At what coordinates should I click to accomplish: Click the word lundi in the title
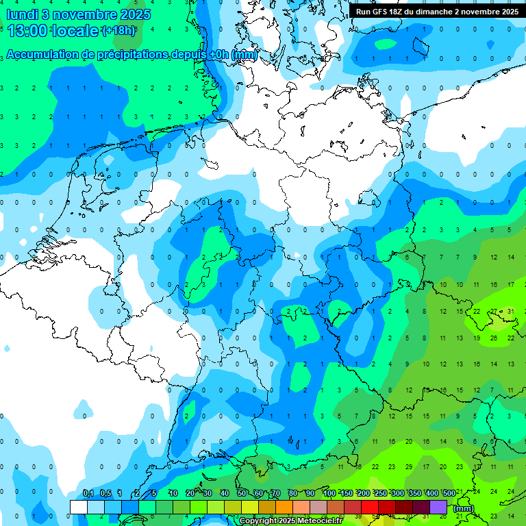click(x=23, y=14)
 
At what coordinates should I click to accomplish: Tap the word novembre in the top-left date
click(x=83, y=14)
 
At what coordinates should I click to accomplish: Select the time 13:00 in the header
click(x=32, y=30)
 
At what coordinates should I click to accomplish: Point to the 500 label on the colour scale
click(x=449, y=493)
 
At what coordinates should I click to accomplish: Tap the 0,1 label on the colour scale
click(x=88, y=493)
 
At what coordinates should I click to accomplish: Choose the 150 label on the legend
click(x=347, y=493)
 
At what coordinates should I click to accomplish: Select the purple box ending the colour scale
click(x=438, y=507)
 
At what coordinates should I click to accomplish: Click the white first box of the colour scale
click(x=79, y=507)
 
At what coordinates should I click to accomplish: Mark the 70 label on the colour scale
click(x=275, y=493)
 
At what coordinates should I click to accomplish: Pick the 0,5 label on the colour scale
click(x=105, y=493)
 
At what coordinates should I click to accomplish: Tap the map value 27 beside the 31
click(x=494, y=312)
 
